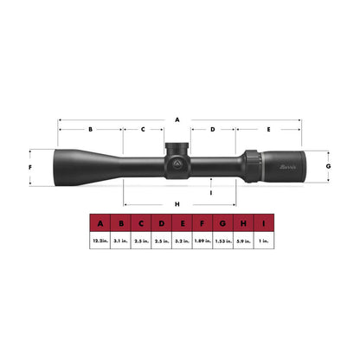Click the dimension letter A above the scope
click(177, 118)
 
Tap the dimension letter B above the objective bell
click(90, 129)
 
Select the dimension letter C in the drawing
click(144, 129)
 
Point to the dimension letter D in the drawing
click(213, 129)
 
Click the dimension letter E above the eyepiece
click(269, 129)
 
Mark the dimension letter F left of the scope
click(30, 166)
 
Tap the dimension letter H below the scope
click(177, 203)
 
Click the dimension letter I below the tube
click(211, 192)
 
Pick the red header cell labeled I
click(264, 224)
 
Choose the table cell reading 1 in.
click(264, 241)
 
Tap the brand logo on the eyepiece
click(287, 164)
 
